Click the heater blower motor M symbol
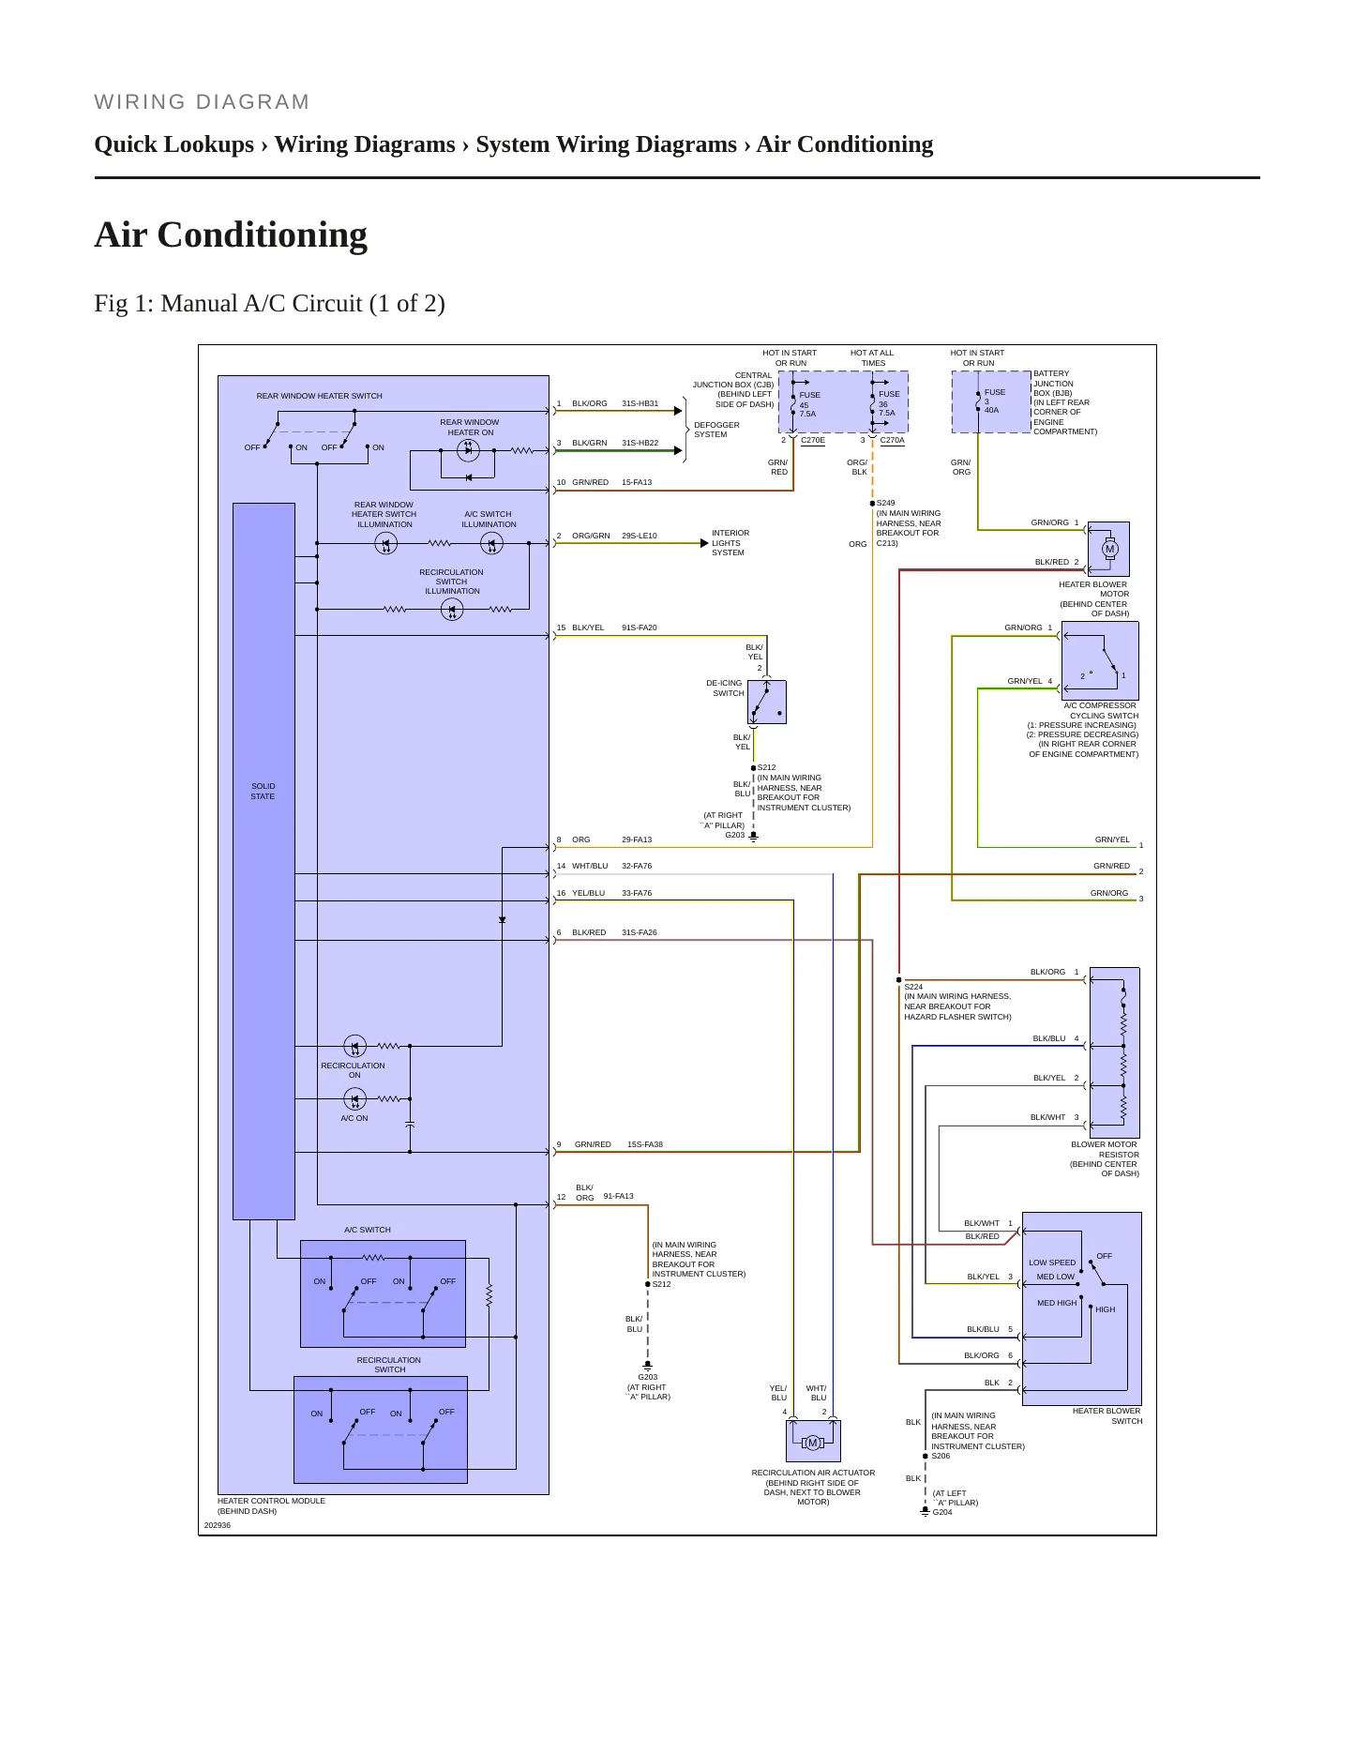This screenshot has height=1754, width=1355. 1110,549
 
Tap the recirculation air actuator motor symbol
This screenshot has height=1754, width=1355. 813,1443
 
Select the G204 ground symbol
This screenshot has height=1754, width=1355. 925,1511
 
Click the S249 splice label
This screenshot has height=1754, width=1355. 885,503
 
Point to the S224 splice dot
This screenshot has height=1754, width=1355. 898,979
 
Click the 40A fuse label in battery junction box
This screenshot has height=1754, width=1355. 991,410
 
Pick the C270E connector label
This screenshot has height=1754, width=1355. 813,440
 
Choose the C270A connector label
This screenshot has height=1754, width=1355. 892,440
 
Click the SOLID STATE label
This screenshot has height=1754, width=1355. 263,792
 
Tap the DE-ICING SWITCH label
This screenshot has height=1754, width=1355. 725,688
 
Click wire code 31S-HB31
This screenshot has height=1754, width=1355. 640,403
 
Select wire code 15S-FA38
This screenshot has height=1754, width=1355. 645,1144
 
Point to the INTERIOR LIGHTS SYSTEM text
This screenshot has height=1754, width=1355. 730,543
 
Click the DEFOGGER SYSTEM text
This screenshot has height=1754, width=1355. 716,430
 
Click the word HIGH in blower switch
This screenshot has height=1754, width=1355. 1106,1309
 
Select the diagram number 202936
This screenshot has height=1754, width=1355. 217,1525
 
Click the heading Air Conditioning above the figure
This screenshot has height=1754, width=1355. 231,234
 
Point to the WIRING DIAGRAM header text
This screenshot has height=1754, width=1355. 202,102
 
